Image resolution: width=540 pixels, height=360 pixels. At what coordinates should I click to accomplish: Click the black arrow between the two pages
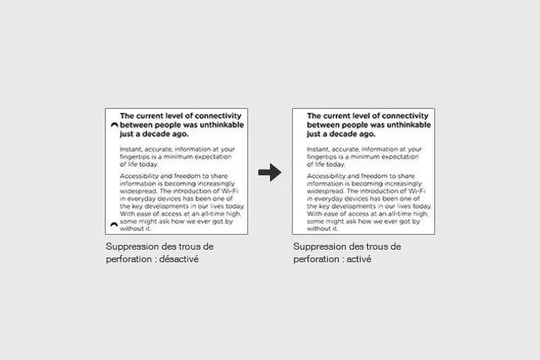(269, 173)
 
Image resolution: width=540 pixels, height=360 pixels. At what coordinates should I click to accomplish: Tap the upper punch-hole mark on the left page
(114, 124)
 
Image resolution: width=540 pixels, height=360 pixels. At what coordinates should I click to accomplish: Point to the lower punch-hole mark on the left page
(114, 225)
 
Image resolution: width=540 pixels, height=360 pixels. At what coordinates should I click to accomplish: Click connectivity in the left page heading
(216, 115)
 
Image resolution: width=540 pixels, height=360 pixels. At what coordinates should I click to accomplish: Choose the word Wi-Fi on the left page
(232, 189)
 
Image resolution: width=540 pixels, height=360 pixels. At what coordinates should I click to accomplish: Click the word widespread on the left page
(139, 189)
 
